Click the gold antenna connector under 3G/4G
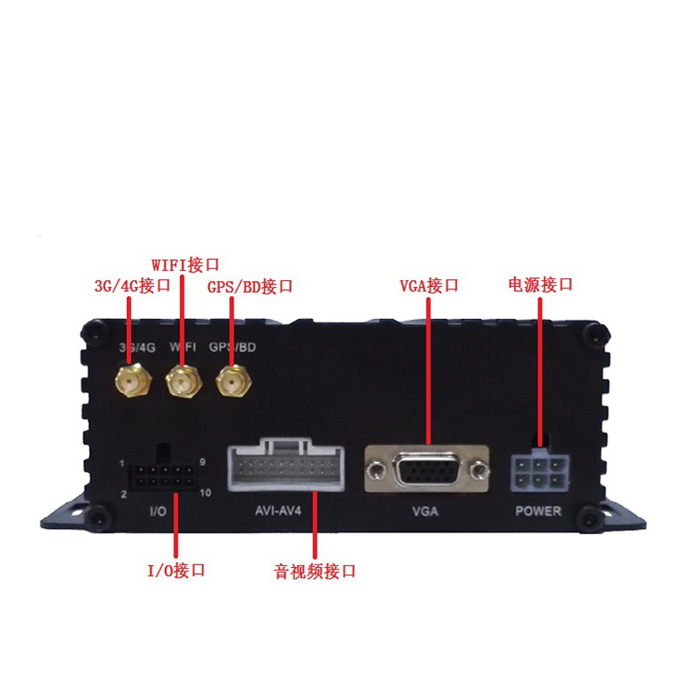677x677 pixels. (x=134, y=380)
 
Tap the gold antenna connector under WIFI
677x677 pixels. (x=184, y=380)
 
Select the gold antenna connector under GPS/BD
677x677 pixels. (x=234, y=381)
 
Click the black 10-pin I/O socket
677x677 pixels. (x=161, y=475)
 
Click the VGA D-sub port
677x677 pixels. (x=427, y=470)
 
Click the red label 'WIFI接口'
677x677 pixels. (x=185, y=265)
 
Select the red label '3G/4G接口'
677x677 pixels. (x=133, y=286)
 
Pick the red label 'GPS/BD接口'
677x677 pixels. (x=250, y=287)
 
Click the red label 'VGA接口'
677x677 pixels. (x=429, y=285)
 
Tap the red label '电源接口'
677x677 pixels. (x=541, y=284)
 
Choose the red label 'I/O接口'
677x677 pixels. (x=176, y=570)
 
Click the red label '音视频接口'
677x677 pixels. (x=315, y=571)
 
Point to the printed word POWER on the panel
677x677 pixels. (x=538, y=511)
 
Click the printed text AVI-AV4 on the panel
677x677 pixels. (x=278, y=511)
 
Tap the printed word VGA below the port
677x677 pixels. (x=426, y=512)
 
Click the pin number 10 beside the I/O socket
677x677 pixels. (x=206, y=493)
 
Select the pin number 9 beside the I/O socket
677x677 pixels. (x=202, y=462)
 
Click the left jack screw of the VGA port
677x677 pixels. (x=377, y=469)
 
